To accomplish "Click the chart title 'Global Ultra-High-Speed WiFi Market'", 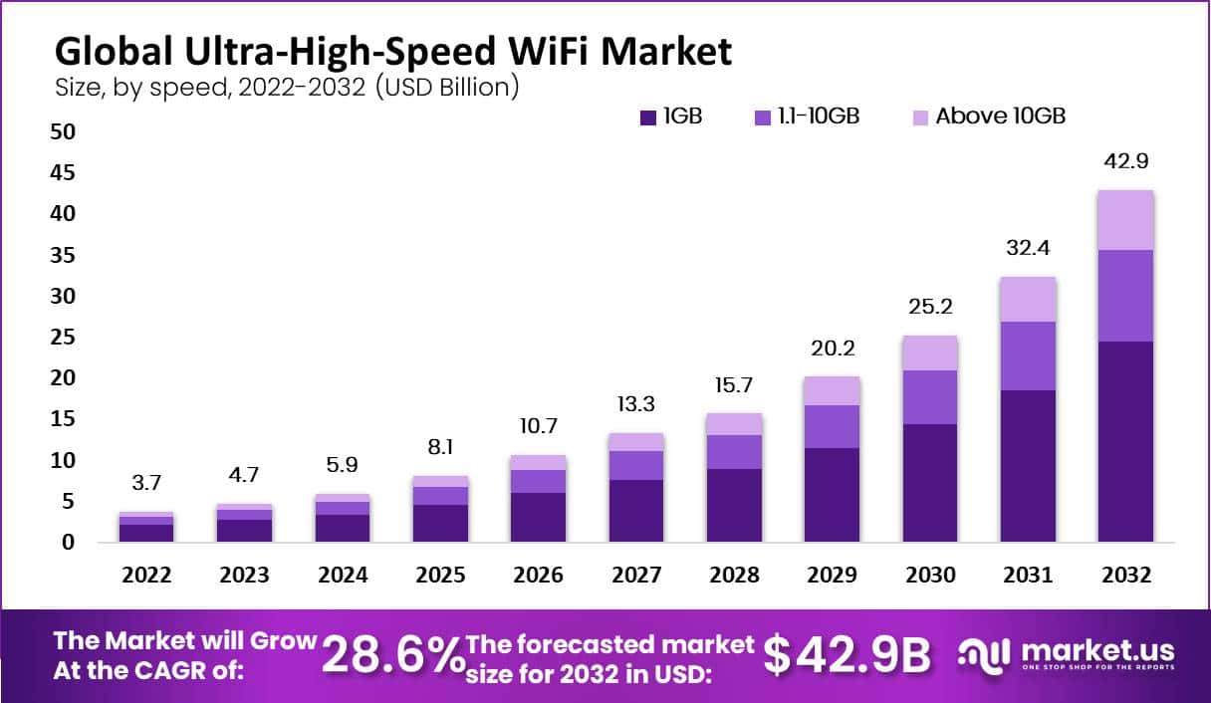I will tap(392, 50).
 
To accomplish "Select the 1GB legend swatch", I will tap(647, 117).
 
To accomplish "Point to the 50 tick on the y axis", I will tap(63, 131).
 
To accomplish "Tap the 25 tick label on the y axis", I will tap(63, 338).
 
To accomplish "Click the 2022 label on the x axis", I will tap(147, 576).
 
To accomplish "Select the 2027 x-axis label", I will tap(635, 576).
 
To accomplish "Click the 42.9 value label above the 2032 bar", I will tap(1125, 161).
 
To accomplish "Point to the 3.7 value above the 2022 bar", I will tap(147, 484).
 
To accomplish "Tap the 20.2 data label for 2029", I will tap(831, 349).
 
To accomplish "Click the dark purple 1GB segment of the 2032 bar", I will tap(1125, 441).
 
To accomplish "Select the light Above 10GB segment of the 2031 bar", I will tap(1028, 299).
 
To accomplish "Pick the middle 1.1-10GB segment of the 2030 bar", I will tap(930, 397).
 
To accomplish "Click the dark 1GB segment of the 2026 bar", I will tap(538, 517).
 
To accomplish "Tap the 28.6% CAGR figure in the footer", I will tap(392, 654).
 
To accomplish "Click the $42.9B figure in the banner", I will tap(847, 654).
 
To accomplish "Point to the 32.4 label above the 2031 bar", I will tap(1028, 248).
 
